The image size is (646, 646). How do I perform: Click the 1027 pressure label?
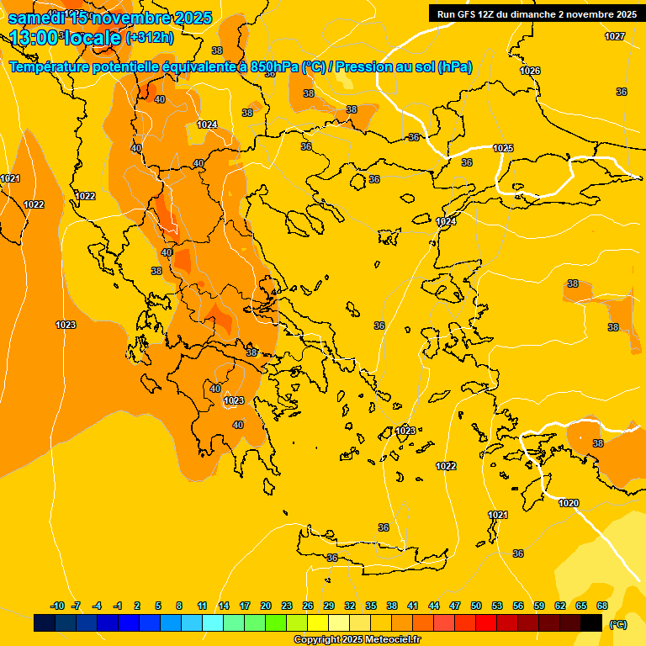click(615, 36)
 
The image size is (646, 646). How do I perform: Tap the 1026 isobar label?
click(530, 71)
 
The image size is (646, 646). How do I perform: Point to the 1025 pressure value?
click(503, 148)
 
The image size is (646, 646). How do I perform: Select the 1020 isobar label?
click(569, 503)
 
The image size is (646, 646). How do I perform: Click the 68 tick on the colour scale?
click(602, 606)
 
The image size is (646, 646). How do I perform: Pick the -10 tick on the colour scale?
click(57, 606)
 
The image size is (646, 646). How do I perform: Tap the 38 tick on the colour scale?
click(392, 606)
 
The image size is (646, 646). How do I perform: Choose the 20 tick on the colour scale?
click(266, 606)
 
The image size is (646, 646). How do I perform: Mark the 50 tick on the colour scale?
click(476, 606)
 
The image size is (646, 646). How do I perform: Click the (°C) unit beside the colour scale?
click(617, 624)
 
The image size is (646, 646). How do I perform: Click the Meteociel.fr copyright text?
click(357, 640)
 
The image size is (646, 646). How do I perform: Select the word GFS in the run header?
click(467, 14)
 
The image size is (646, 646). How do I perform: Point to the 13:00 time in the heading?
click(34, 38)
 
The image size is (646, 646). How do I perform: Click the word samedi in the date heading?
click(37, 18)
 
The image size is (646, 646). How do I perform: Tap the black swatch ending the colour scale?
click(591, 623)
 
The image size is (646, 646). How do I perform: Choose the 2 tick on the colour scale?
click(138, 606)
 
